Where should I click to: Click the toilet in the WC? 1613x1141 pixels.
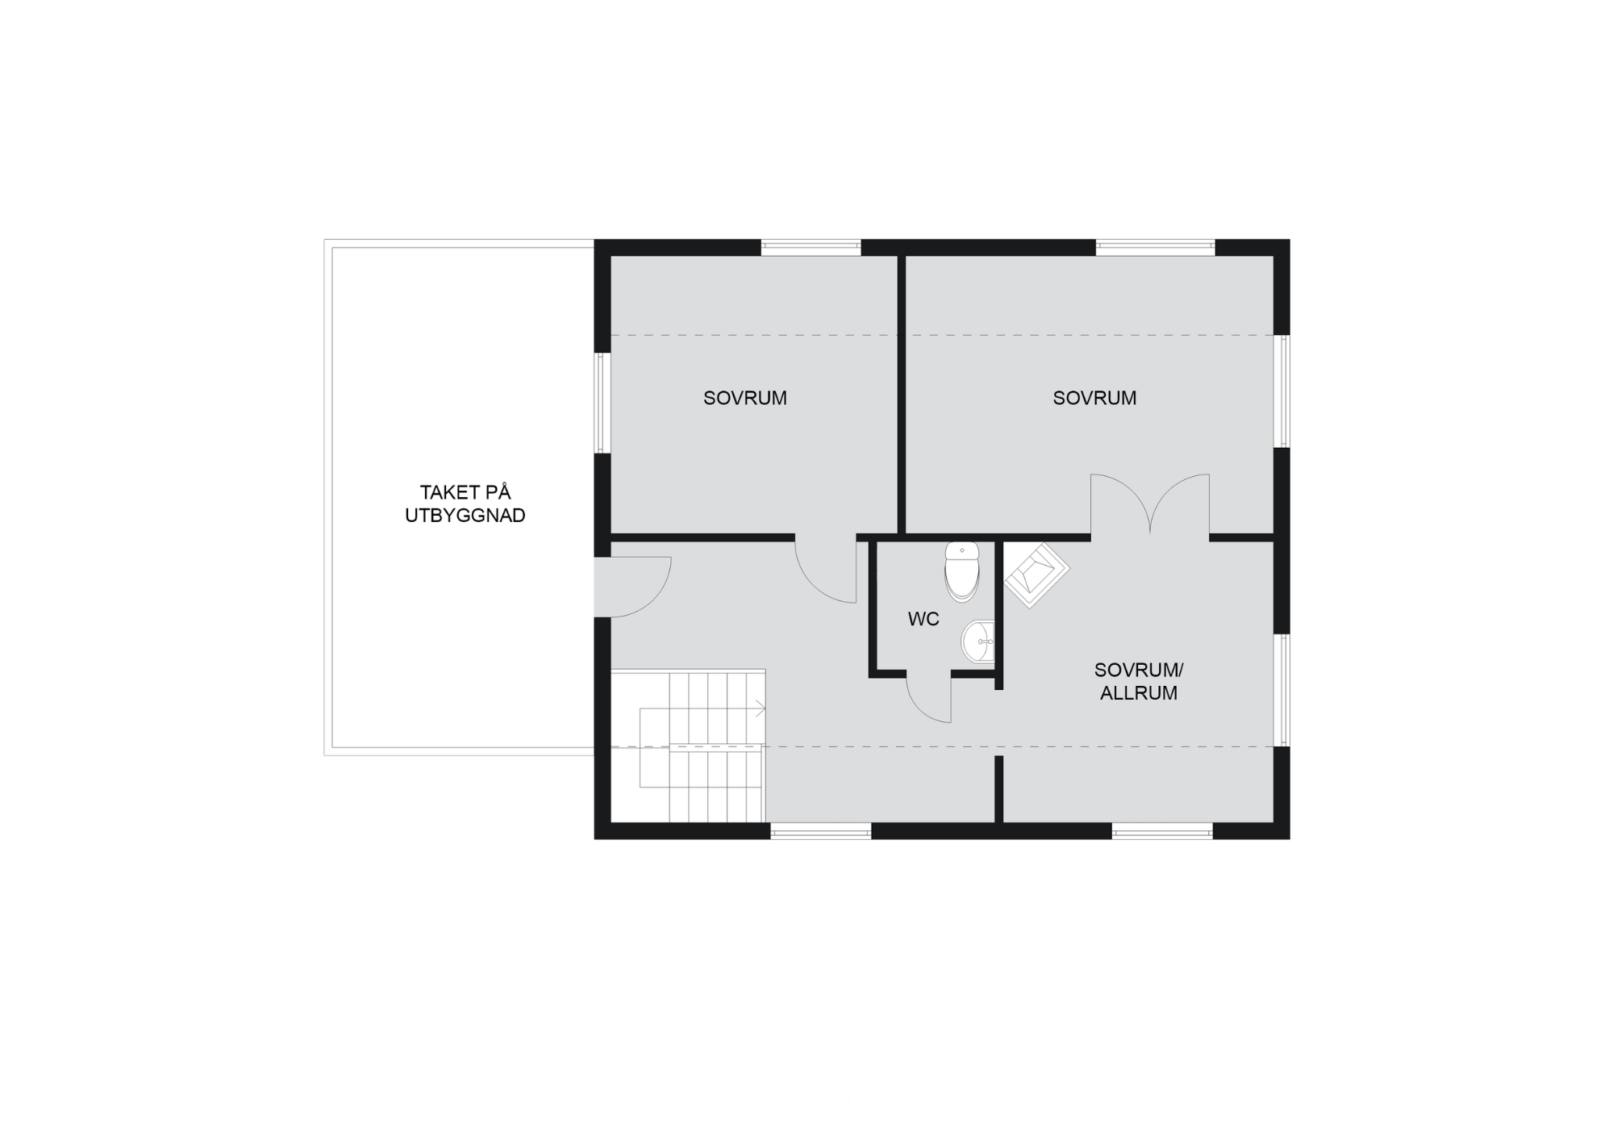click(961, 571)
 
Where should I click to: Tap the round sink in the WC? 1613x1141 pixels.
click(977, 642)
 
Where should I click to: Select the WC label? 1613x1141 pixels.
click(923, 619)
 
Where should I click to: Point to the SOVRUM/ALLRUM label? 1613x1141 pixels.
click(1139, 681)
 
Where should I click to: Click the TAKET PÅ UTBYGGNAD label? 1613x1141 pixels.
click(465, 504)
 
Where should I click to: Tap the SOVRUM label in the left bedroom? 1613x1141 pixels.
click(745, 398)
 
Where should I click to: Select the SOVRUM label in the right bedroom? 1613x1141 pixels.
click(1094, 398)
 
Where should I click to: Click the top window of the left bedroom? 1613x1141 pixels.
click(811, 248)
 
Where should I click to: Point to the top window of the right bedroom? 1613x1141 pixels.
click(1155, 248)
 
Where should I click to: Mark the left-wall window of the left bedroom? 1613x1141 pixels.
click(602, 403)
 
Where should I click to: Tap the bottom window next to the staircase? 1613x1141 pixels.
click(821, 831)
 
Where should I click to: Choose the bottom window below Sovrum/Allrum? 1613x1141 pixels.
click(1162, 831)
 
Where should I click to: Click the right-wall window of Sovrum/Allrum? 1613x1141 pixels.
click(1282, 690)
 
